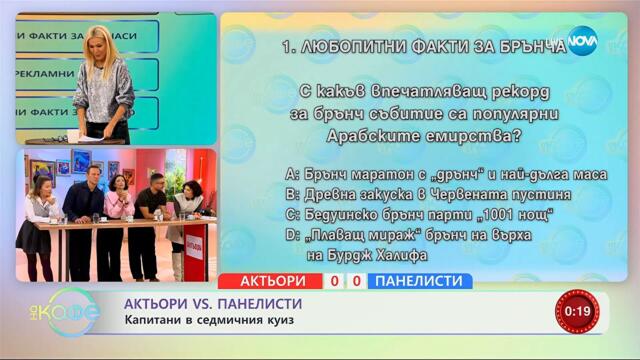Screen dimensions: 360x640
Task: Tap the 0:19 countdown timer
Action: pos(577,311)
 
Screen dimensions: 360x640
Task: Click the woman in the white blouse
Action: pos(39,215)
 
